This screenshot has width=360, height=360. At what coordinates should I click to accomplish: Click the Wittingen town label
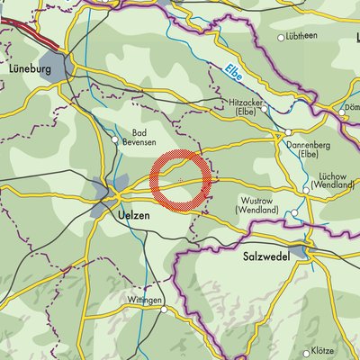pyautogui.click(x=143, y=300)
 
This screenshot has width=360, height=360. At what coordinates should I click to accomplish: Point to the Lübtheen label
pyautogui.click(x=302, y=37)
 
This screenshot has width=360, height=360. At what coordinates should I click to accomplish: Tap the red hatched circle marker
pyautogui.click(x=181, y=181)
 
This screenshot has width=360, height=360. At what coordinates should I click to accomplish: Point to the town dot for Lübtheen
pyautogui.click(x=281, y=38)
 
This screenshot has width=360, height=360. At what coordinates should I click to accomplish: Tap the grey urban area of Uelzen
pyautogui.click(x=101, y=192)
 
